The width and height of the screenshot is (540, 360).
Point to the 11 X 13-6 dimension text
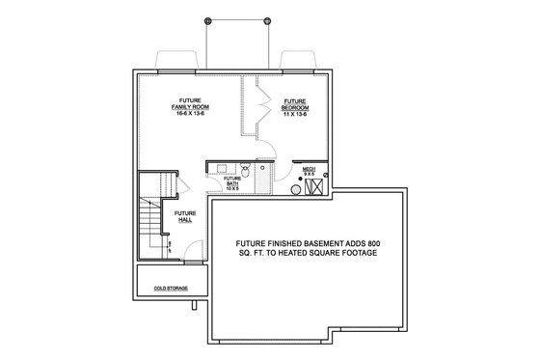click(x=295, y=113)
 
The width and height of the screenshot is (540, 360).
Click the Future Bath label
click(x=232, y=180)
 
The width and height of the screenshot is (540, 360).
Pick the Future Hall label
click(x=185, y=216)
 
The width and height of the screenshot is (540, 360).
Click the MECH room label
click(x=310, y=170)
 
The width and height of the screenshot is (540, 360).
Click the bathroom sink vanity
click(x=220, y=167)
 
